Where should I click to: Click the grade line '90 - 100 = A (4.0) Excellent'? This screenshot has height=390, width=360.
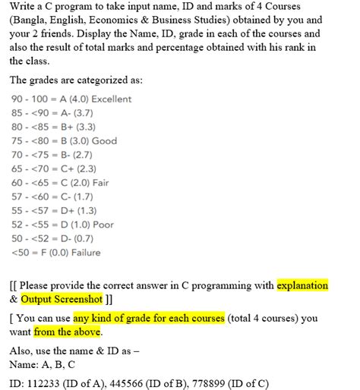72,99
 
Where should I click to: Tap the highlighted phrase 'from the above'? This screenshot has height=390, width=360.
68,332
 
